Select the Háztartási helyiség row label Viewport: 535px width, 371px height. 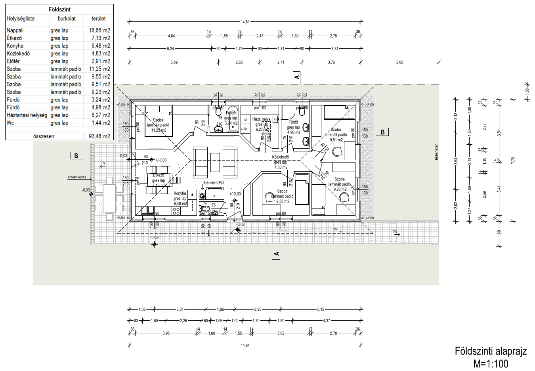pyautogui.click(x=27, y=115)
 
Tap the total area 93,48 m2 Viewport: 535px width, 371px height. pyautogui.click(x=99, y=136)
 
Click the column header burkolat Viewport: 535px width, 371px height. pyautogui.click(x=66, y=18)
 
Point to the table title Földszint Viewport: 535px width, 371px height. pyautogui.click(x=59, y=9)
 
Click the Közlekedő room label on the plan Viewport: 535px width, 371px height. pyautogui.click(x=281, y=157)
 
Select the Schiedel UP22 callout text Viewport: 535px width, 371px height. pyautogui.click(x=214, y=183)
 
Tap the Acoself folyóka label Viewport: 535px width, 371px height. pyautogui.click(x=77, y=177)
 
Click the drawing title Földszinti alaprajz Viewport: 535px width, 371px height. pyautogui.click(x=491, y=351)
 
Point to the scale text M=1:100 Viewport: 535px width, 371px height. pyautogui.click(x=491, y=363)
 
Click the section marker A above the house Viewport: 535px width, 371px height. pyautogui.click(x=297, y=77)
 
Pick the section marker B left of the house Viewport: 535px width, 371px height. pyautogui.click(x=76, y=156)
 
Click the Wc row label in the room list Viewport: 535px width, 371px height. pyautogui.click(x=10, y=123)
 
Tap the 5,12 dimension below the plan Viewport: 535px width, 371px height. pyautogui.click(x=321, y=309)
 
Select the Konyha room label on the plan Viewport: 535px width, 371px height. pyautogui.click(x=180, y=193)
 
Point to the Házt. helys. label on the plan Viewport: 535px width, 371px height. pyautogui.click(x=262, y=119)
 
